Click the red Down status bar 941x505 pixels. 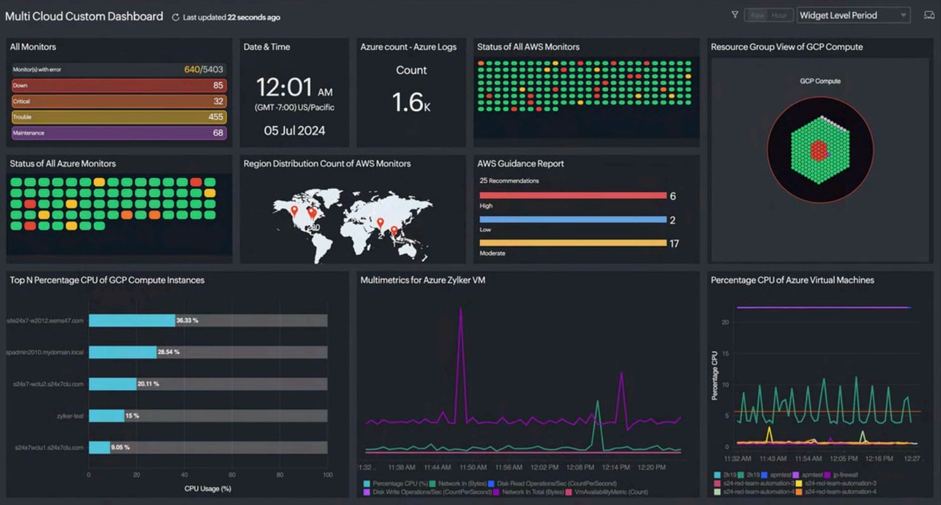(119, 86)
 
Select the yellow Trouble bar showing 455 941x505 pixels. (119, 117)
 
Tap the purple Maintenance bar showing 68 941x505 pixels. (119, 133)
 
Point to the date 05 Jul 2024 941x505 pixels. (294, 131)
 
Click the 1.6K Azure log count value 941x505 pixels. (410, 102)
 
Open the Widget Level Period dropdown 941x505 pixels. (853, 15)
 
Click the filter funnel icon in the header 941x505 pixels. (734, 15)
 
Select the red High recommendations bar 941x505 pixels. (573, 196)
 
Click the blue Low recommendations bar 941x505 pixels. (573, 220)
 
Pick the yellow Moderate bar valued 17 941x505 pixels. (573, 243)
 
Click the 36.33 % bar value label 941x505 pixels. (187, 321)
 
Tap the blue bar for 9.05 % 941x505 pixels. (100, 447)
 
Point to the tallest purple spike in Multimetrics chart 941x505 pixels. (461, 310)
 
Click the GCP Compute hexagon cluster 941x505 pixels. (819, 150)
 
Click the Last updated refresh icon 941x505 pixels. (176, 18)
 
